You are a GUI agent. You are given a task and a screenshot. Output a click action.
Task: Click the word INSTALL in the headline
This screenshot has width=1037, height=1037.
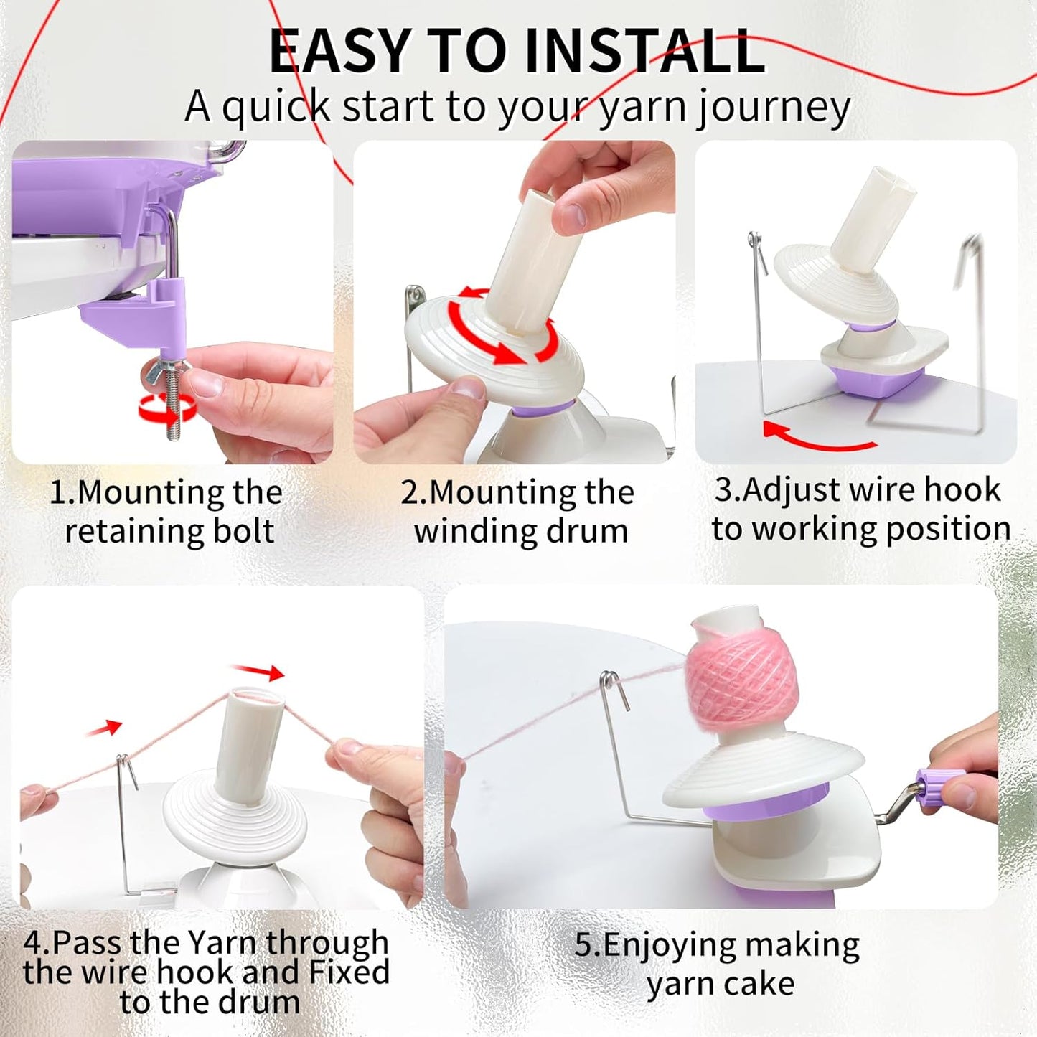coord(644,52)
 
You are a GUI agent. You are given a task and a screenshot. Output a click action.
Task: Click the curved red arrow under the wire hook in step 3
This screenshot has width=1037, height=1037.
coord(818,438)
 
